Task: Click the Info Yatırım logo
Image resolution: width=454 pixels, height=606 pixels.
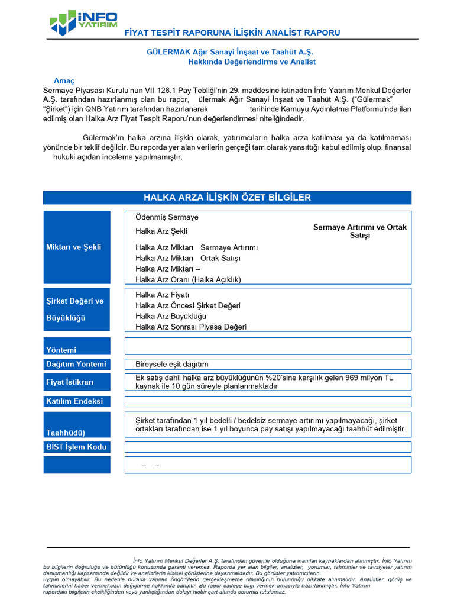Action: click(x=83, y=22)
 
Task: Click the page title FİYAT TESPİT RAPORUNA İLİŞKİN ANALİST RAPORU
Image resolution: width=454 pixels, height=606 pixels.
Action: click(x=232, y=33)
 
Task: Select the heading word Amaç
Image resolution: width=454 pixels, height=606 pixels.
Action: click(x=64, y=80)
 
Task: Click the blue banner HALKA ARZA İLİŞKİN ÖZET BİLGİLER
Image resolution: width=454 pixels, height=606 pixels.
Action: click(x=227, y=198)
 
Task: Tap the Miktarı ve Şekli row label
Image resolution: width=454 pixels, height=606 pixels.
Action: click(x=73, y=247)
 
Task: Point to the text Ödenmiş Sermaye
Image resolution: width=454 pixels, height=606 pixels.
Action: click(x=167, y=217)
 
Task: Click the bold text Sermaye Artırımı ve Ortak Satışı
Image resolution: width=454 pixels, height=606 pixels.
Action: click(x=359, y=231)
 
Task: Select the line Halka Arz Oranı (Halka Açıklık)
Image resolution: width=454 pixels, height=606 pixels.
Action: click(x=188, y=279)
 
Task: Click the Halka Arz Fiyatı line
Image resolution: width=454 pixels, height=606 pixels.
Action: click(x=162, y=295)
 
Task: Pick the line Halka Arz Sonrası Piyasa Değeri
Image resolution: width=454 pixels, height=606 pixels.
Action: click(x=191, y=327)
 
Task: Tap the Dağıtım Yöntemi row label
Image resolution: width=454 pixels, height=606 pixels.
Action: click(x=76, y=364)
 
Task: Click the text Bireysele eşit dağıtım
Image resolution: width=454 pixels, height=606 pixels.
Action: click(x=172, y=364)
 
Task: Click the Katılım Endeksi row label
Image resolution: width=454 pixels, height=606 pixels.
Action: click(x=74, y=401)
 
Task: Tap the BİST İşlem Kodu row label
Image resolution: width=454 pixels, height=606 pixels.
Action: click(x=76, y=447)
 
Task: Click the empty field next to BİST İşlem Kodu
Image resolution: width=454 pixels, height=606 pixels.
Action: click(x=268, y=447)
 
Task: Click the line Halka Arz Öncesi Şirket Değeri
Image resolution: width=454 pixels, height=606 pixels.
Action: click(x=187, y=305)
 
